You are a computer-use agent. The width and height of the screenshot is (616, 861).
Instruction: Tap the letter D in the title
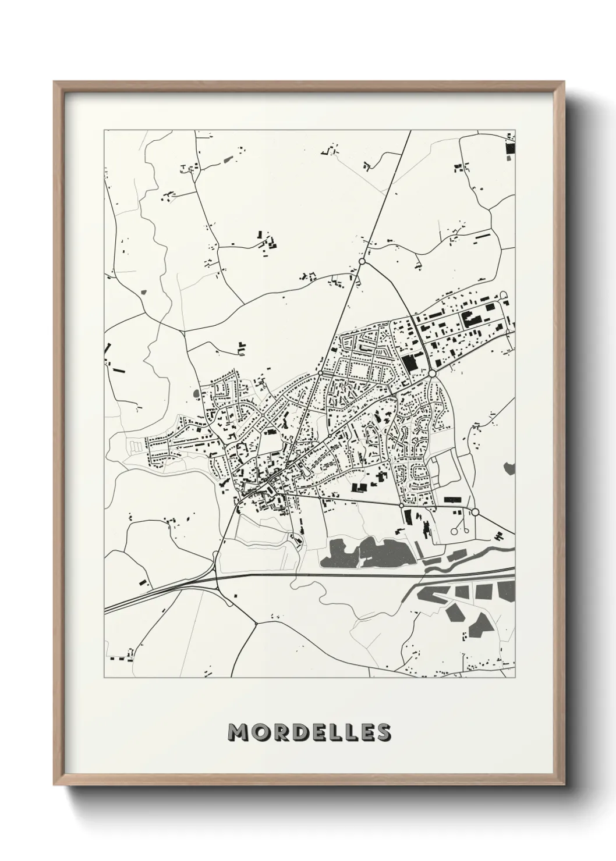coord(295,732)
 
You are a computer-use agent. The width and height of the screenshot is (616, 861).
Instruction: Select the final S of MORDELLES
coord(383,732)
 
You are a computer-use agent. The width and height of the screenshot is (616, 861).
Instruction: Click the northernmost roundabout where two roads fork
coord(362,262)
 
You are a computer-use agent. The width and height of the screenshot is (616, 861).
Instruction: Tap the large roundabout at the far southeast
coord(475,512)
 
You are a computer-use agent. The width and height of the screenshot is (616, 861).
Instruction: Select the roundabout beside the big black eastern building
coord(433,373)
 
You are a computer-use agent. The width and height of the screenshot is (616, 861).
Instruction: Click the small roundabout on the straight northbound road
coord(321,373)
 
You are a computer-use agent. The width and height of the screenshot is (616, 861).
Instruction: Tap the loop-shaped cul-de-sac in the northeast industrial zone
coord(504,295)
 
